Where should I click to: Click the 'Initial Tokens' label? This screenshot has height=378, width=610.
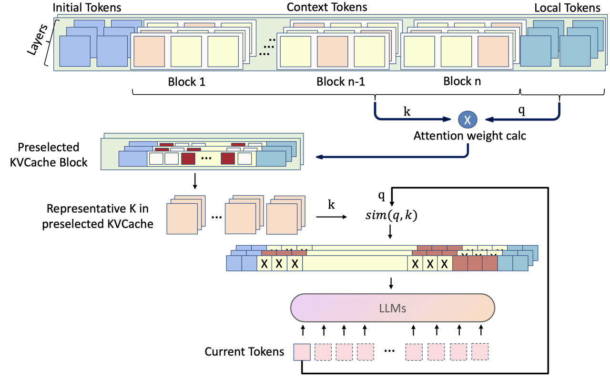coord(87,8)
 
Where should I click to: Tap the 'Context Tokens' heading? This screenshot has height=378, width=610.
coord(326,7)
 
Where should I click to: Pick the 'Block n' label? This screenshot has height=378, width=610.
coord(462,81)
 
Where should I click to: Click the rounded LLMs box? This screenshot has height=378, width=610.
coord(393,308)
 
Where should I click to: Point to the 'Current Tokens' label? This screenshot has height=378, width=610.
coord(244,352)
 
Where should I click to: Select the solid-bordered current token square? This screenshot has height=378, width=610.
coord(302,352)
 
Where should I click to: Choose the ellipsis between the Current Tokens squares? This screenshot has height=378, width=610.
coord(389,352)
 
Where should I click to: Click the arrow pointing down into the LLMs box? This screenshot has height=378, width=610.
coord(391,283)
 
